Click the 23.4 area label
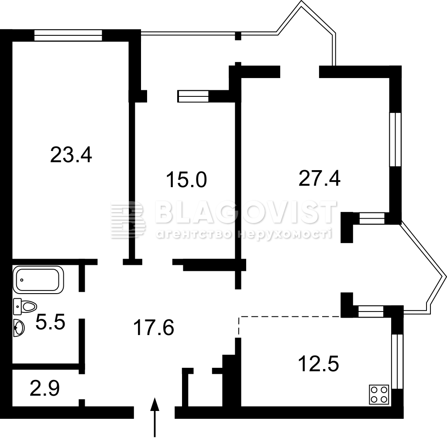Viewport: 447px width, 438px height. click(x=71, y=155)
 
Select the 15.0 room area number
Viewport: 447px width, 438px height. click(x=186, y=180)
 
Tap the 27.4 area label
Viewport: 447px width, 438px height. click(x=319, y=178)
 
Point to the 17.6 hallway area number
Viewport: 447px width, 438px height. click(x=153, y=328)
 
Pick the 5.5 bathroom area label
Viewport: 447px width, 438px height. click(x=51, y=322)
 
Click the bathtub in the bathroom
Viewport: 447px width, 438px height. click(x=38, y=280)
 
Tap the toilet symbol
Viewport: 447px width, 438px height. click(x=25, y=306)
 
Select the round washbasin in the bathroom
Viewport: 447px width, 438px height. click(x=19, y=328)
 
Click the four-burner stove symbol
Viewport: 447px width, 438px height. click(x=379, y=394)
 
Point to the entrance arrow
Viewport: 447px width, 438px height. click(x=155, y=417)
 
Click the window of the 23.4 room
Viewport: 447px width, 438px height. click(x=68, y=36)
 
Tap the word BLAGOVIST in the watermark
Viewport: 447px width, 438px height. click(x=246, y=212)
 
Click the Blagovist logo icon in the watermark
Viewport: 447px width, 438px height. click(x=128, y=219)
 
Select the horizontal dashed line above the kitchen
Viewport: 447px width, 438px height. click(x=290, y=316)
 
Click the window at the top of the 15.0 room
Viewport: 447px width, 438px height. click(x=193, y=96)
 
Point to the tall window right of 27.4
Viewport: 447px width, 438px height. click(x=395, y=139)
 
